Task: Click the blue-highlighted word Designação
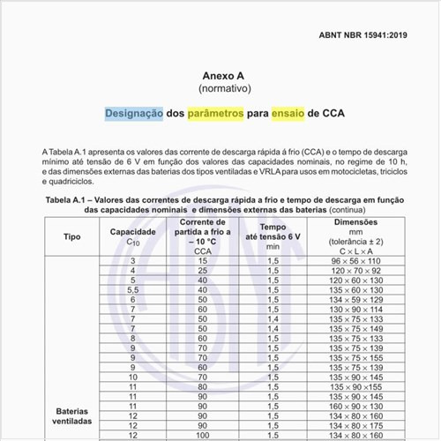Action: (134, 114)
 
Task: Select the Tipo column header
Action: (72, 236)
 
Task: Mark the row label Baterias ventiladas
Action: (72, 416)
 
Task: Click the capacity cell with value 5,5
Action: (133, 290)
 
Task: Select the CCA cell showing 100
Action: (203, 435)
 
